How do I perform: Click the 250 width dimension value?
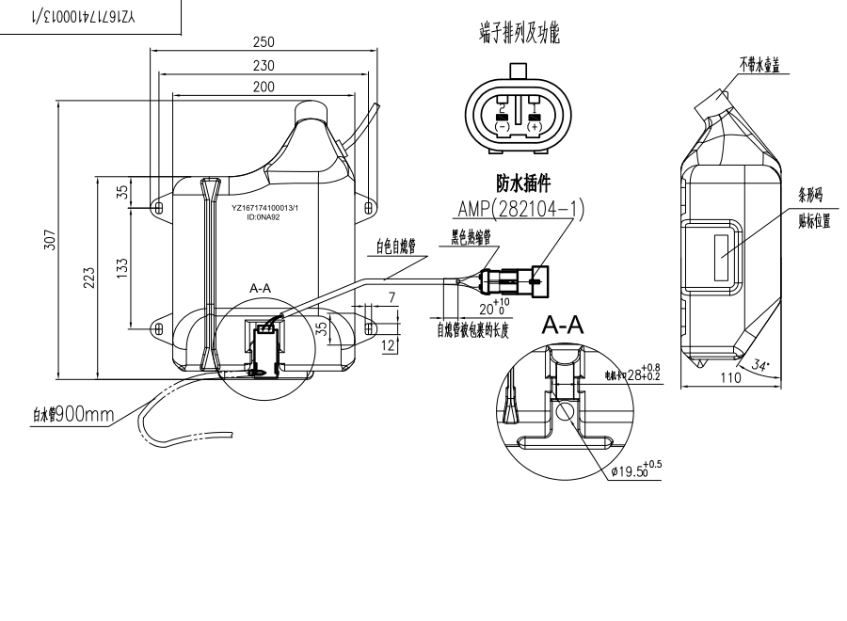click(x=264, y=43)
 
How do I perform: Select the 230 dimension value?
click(x=264, y=65)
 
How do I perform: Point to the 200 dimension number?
click(x=264, y=87)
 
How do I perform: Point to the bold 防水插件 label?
click(x=522, y=183)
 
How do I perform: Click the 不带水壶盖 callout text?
click(x=764, y=63)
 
